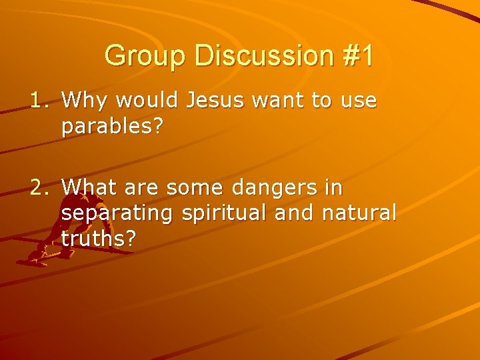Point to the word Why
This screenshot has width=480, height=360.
click(x=85, y=101)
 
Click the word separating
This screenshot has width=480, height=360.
click(x=118, y=214)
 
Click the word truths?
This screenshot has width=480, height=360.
click(x=100, y=239)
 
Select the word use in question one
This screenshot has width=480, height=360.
click(x=359, y=101)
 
